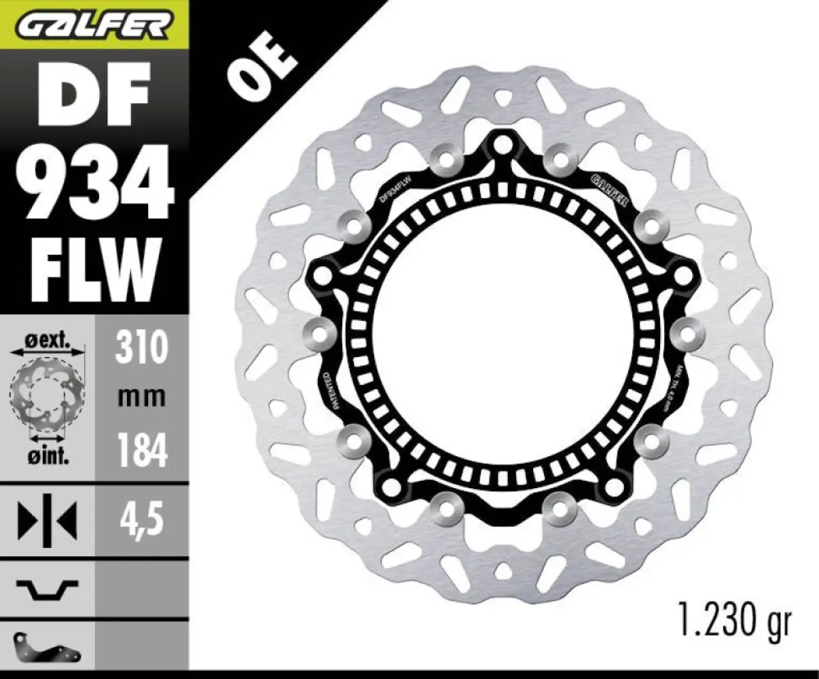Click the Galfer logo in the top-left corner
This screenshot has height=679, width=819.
(x=94, y=25)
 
